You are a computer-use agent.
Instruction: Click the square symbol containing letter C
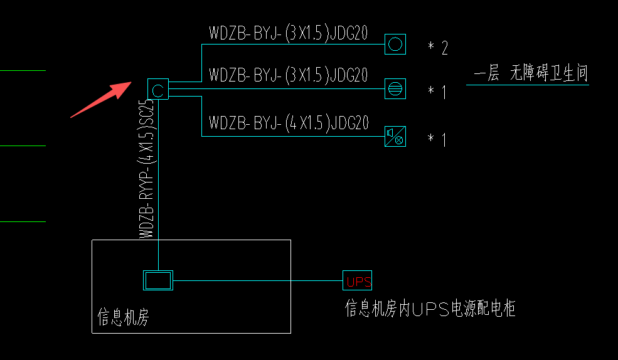[158, 90]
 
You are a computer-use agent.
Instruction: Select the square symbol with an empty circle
[395, 44]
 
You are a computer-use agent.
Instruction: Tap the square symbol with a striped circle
[395, 89]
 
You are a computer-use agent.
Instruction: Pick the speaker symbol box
[395, 135]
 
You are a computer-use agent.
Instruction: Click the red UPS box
[358, 280]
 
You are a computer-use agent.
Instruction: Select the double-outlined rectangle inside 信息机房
[157, 280]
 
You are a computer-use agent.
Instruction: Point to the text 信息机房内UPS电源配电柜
[430, 308]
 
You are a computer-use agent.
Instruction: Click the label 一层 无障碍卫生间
[531, 74]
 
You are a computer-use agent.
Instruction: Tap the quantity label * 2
[438, 48]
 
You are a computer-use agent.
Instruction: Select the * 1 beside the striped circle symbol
[437, 93]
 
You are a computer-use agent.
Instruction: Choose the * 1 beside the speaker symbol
[437, 139]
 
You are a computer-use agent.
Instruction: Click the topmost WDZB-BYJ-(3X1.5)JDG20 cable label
[288, 34]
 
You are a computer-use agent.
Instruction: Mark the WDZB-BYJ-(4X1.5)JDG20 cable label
[288, 122]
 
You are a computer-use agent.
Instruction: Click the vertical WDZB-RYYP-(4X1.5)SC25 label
[146, 169]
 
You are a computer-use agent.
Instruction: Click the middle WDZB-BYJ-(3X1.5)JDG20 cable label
[288, 75]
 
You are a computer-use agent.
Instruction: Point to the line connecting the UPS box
[257, 280]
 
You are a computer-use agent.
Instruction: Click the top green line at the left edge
[23, 70]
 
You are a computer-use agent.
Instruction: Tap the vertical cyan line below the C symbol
[158, 188]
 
